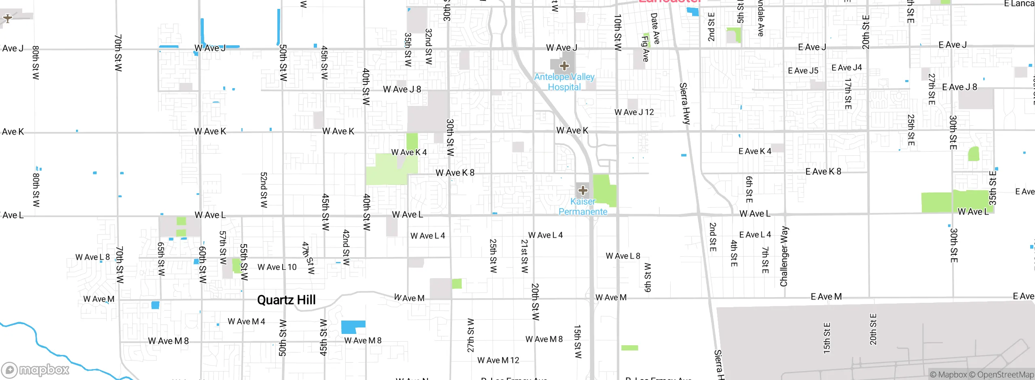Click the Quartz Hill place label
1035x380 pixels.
tap(286, 300)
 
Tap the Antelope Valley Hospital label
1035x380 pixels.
tap(564, 82)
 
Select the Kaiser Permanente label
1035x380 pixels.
tap(583, 207)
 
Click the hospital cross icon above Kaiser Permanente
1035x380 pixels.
tap(583, 190)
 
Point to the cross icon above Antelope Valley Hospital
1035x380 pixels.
tap(564, 65)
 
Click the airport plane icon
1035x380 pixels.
tap(7, 18)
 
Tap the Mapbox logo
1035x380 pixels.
tap(36, 370)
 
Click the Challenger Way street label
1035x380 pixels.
tap(784, 256)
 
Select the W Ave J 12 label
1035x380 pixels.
tap(634, 112)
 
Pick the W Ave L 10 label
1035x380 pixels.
tap(277, 267)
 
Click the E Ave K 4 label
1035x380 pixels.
tap(755, 151)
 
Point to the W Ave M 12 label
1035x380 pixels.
tap(498, 360)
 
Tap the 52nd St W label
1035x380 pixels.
tap(264, 190)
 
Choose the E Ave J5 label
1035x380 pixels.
tap(803, 71)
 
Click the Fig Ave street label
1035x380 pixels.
tap(645, 49)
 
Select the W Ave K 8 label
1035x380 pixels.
tap(455, 173)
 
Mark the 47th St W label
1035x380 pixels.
tap(308, 258)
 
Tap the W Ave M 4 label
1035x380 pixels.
tap(246, 321)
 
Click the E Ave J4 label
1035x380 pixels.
tap(847, 68)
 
